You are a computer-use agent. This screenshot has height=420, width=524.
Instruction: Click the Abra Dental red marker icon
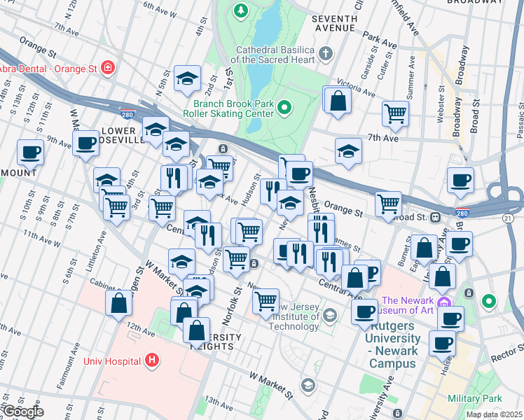[x=108, y=68]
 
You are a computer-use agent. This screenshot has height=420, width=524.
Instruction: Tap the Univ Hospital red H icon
[x=153, y=361]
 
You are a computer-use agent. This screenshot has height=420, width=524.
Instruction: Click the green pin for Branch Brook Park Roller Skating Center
[x=284, y=107]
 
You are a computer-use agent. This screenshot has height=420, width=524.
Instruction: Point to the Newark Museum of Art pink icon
[x=443, y=302]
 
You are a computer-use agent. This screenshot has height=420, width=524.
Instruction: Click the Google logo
[x=22, y=412]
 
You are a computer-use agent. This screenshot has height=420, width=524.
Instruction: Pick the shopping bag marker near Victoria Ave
[x=338, y=100]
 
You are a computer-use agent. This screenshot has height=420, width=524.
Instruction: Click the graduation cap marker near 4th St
[x=187, y=78]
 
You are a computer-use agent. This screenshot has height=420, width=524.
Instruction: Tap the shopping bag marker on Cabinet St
[x=118, y=302]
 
